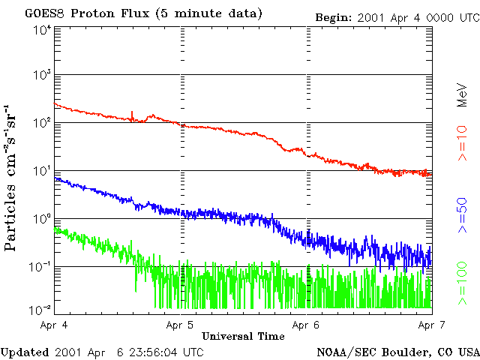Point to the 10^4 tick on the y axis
(x=42, y=30)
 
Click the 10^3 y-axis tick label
(x=42, y=75)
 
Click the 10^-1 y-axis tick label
(x=40, y=266)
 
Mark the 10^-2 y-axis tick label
(x=40, y=309)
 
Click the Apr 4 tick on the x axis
(x=55, y=325)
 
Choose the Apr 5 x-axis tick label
(x=181, y=325)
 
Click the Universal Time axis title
(x=243, y=336)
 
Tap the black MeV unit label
(x=463, y=95)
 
